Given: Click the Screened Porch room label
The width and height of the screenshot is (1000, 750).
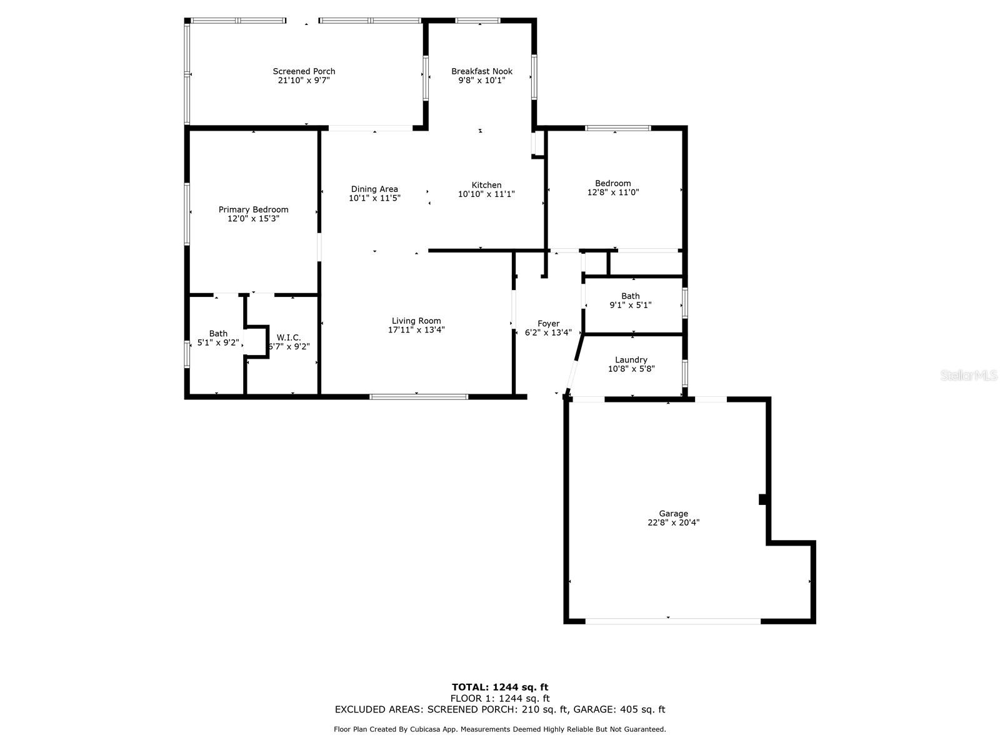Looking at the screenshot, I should tap(304, 71).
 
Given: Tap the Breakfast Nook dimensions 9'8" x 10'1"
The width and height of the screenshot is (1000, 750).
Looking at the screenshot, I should tap(482, 81).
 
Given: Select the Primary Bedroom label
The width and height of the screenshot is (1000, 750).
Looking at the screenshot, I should tap(253, 209).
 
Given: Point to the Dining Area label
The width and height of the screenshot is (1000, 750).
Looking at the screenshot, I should tap(374, 189).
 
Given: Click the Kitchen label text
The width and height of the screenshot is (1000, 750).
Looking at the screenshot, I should tap(486, 185).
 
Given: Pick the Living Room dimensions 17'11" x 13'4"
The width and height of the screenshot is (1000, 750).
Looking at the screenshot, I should tap(416, 330).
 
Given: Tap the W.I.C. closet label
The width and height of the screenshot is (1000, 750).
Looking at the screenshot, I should tap(289, 337).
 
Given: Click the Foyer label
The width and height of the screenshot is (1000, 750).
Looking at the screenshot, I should tap(548, 324).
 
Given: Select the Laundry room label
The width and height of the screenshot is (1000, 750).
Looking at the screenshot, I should tap(631, 360).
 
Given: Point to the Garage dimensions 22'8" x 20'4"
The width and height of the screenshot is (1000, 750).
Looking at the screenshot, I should tap(673, 523).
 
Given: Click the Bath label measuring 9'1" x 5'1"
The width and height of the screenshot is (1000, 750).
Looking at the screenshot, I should tap(631, 296).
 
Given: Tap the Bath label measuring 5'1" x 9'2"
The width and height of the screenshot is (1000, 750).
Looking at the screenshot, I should tap(218, 334).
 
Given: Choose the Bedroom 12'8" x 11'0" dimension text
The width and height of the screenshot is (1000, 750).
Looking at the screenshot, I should tap(612, 192).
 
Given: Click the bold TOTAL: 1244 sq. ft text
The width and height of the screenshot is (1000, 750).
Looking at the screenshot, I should tap(500, 687).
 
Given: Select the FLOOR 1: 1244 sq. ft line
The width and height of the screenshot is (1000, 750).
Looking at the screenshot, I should tap(500, 699).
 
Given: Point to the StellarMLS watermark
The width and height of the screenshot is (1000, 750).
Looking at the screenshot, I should tap(968, 376).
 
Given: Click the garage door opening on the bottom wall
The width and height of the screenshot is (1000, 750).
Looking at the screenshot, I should tap(673, 621).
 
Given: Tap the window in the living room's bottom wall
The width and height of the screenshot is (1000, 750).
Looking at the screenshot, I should tap(419, 396).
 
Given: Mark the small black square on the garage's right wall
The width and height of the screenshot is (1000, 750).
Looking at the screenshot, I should tap(762, 499).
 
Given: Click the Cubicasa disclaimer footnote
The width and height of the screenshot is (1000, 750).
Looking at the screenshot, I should tap(500, 729).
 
